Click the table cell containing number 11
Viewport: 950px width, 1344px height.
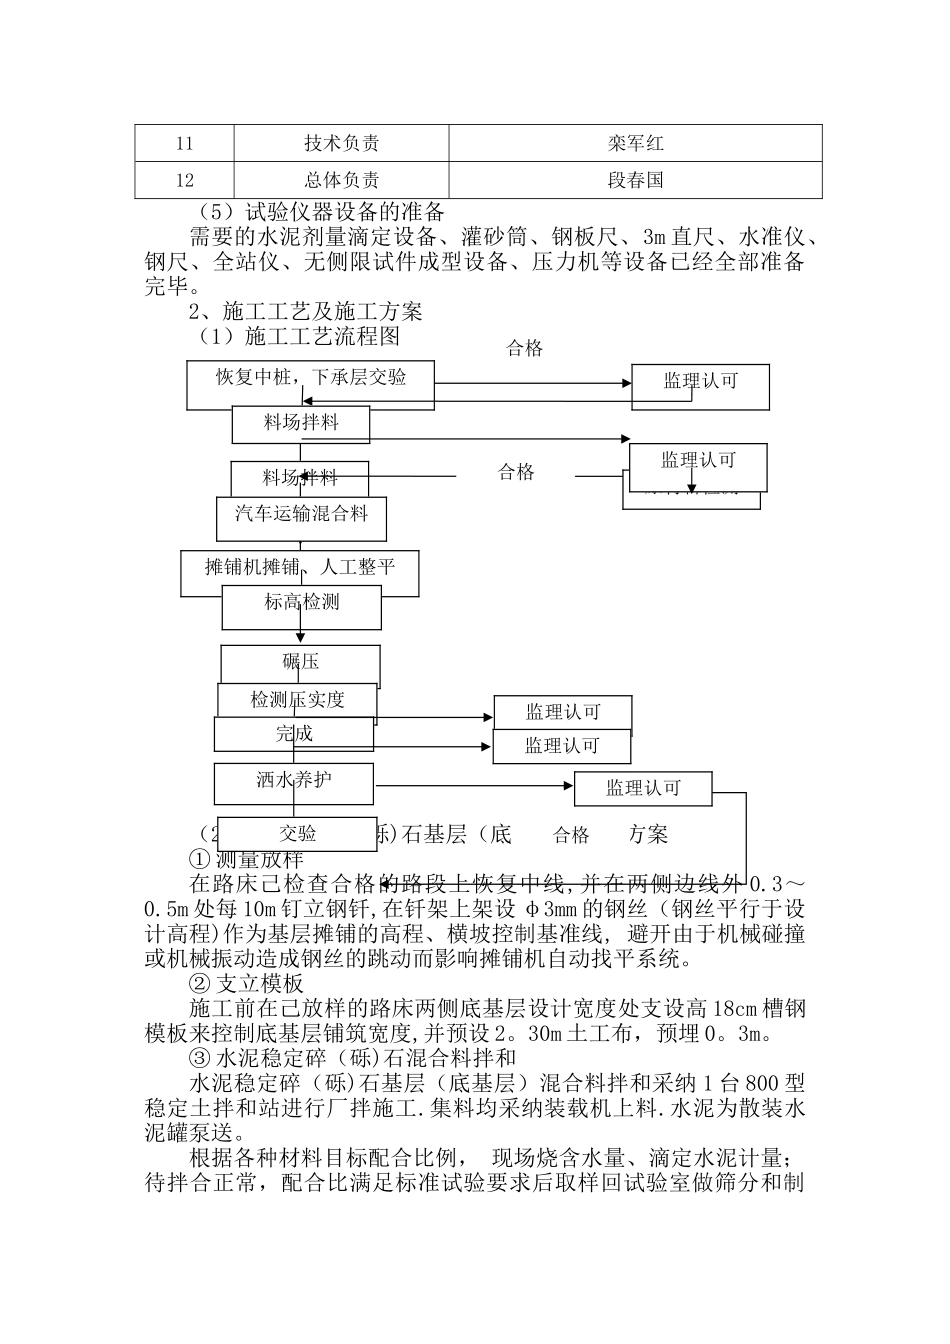click(x=184, y=143)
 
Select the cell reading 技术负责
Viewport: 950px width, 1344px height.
click(x=341, y=143)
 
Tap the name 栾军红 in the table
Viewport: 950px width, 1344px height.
click(x=635, y=143)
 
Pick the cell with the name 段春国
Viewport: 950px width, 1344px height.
click(x=635, y=181)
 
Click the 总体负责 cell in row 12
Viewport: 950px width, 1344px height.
click(x=341, y=181)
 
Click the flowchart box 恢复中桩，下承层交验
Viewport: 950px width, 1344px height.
click(x=311, y=378)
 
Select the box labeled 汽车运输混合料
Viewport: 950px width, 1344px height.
click(x=301, y=515)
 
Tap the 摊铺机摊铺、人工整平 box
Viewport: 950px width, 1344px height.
click(x=299, y=568)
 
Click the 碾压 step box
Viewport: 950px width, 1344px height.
click(x=300, y=662)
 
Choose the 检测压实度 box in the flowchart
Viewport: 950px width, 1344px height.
click(x=297, y=700)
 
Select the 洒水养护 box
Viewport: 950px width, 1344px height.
click(x=293, y=780)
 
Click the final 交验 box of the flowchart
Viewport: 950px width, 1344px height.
click(x=297, y=833)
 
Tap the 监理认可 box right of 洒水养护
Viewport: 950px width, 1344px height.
click(x=642, y=788)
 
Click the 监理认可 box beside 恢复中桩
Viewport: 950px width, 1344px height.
click(x=700, y=381)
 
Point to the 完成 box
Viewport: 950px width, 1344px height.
click(x=294, y=734)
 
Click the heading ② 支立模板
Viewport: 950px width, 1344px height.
click(x=246, y=984)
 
